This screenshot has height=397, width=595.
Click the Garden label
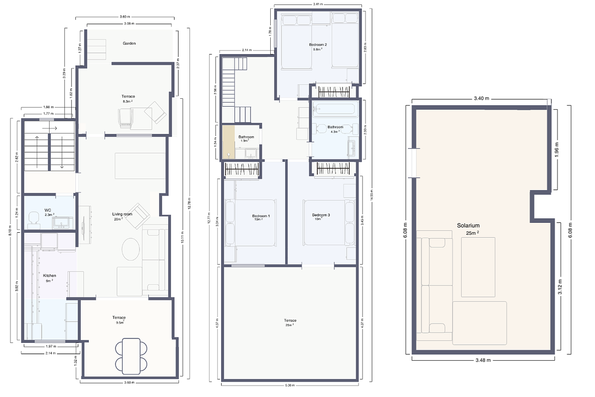click(x=129, y=43)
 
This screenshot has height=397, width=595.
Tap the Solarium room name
click(x=468, y=225)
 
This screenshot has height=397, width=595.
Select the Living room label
click(x=122, y=214)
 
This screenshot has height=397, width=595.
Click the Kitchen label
click(x=50, y=275)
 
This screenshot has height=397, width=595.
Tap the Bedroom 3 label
click(x=321, y=215)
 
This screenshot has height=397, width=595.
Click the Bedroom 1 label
click(x=261, y=216)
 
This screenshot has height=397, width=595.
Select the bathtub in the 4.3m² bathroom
click(x=335, y=109)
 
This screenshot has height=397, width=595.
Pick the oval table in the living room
click(x=131, y=249)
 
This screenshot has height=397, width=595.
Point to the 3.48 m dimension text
click(x=482, y=359)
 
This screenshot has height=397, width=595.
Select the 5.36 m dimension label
click(x=290, y=386)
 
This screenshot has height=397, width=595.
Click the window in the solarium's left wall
click(x=413, y=163)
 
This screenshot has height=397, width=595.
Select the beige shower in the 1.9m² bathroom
click(x=228, y=142)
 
